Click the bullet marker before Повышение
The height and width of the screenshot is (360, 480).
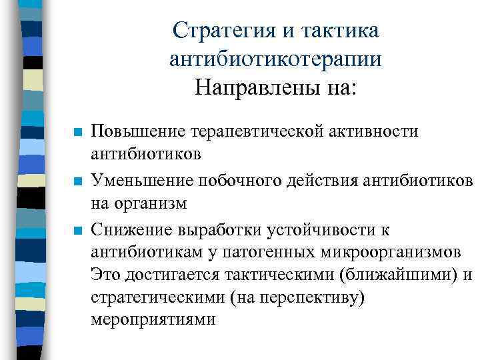pos(78,132)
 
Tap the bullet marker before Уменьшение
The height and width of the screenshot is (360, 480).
pos(78,181)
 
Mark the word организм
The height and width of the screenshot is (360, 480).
pos(149,201)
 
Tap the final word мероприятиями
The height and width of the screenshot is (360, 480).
pos(153,319)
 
